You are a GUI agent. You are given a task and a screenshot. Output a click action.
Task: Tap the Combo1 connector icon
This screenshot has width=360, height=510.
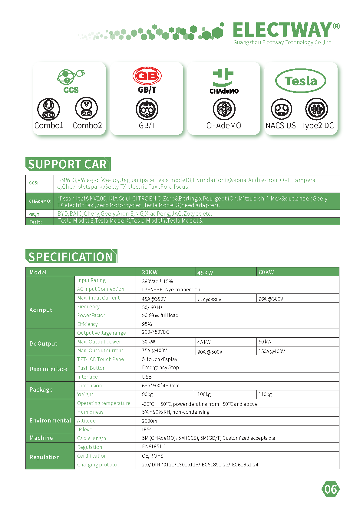click(x=48, y=109)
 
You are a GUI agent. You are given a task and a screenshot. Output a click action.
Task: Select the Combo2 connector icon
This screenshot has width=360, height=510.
click(x=87, y=108)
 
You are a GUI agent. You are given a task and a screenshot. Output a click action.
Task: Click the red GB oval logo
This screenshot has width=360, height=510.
click(x=147, y=76)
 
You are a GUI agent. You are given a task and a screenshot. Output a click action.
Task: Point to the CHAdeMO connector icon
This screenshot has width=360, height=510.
click(x=224, y=109)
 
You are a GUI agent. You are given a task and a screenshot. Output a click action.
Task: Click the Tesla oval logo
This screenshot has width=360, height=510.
click(x=300, y=81)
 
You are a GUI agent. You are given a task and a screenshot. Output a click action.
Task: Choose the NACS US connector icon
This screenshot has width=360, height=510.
click(x=281, y=109)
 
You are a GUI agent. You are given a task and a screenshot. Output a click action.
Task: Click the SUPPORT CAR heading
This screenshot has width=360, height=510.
click(x=68, y=164)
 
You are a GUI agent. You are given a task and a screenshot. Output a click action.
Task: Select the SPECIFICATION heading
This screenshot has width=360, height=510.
click(x=71, y=257)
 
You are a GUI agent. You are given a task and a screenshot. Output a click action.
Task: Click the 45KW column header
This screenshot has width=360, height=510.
click(x=205, y=273)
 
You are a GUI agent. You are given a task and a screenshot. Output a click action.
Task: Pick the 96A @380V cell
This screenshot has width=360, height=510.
click(x=271, y=299)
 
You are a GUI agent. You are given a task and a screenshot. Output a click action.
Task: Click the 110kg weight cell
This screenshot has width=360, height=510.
click(x=265, y=394)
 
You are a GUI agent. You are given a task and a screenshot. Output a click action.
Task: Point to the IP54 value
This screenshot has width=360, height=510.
click(x=147, y=429)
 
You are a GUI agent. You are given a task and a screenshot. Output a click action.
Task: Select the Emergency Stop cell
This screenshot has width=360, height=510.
click(x=160, y=368)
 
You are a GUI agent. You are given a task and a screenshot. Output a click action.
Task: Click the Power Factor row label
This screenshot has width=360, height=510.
click(x=91, y=315)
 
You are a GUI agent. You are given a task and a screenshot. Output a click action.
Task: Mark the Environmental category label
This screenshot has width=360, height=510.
click(x=50, y=420)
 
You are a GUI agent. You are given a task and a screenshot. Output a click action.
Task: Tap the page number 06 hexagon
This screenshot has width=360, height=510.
click(x=330, y=489)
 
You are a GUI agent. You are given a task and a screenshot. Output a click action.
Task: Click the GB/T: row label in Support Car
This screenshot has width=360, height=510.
click(x=35, y=214)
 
